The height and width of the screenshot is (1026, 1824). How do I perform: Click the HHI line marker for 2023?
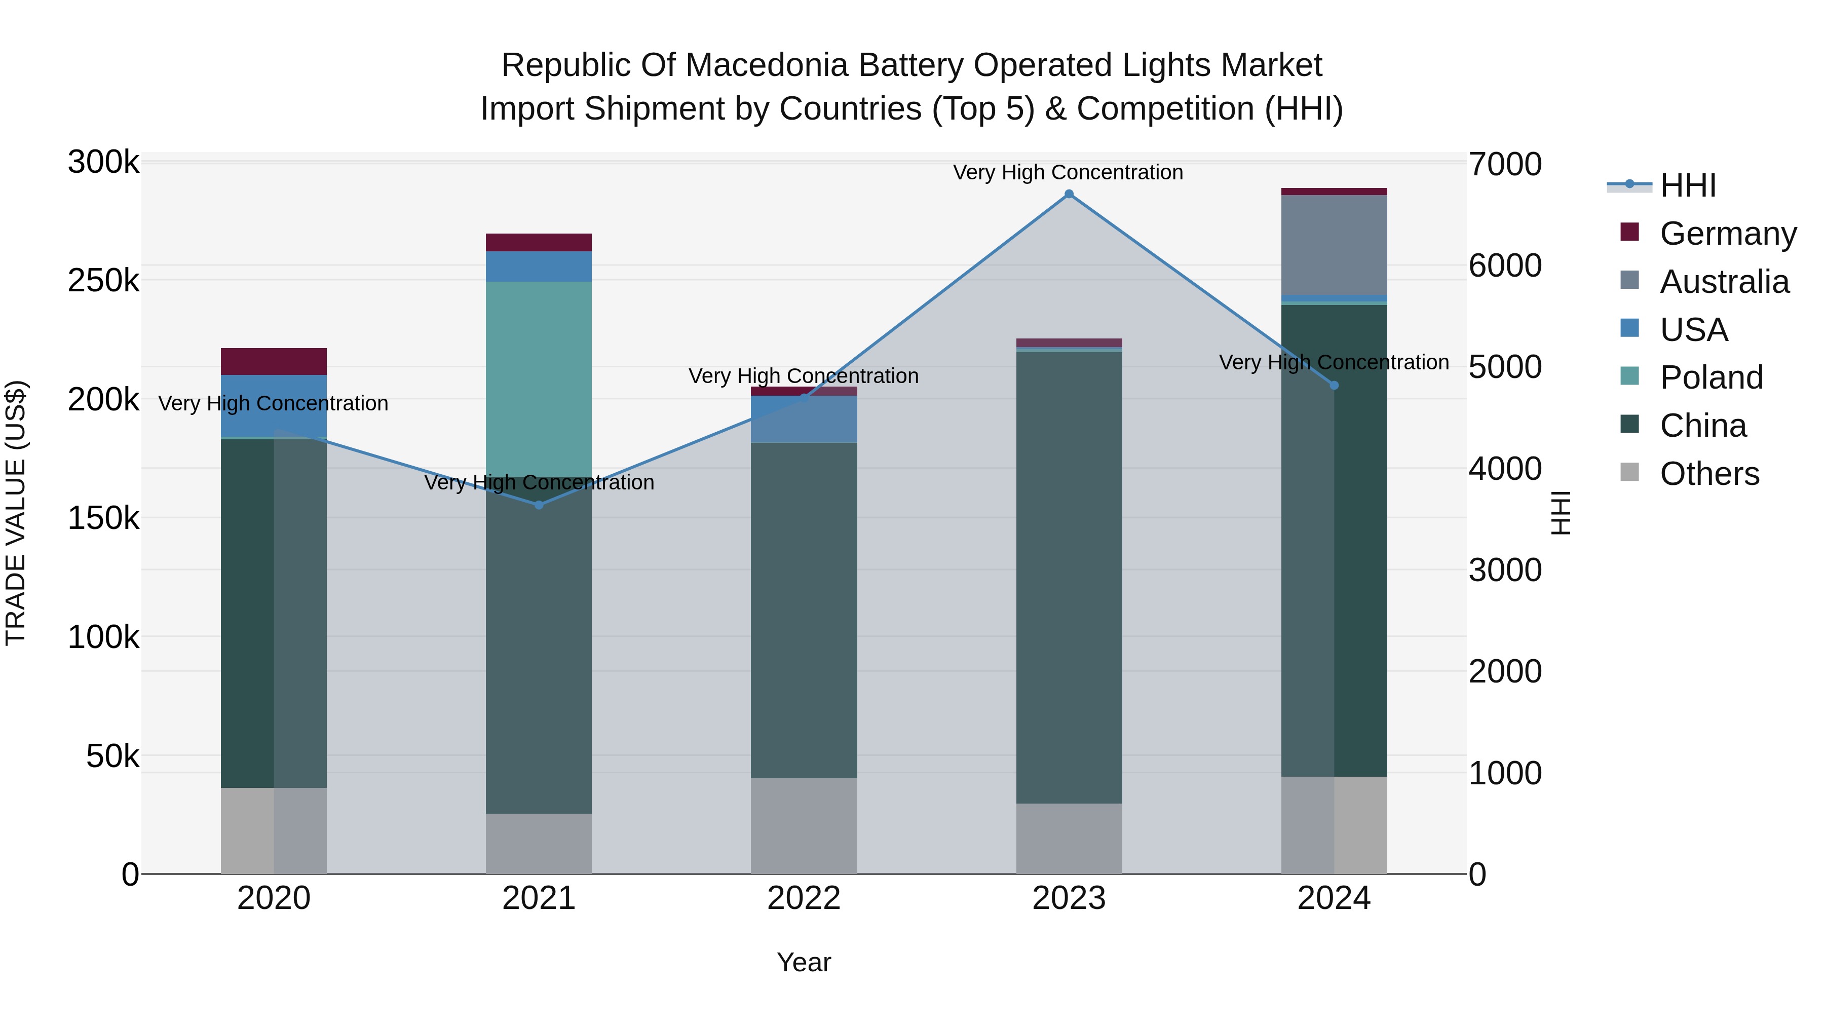(x=1069, y=194)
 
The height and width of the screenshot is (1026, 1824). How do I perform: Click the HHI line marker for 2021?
(x=539, y=505)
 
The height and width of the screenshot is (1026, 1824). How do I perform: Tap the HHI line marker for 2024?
(x=1334, y=385)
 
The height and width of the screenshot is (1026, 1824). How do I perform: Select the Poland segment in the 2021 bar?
(x=539, y=379)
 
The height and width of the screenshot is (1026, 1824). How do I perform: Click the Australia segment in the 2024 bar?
(x=1334, y=244)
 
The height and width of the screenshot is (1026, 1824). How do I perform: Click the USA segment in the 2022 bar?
(x=804, y=419)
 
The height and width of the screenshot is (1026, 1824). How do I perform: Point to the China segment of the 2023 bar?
(x=1069, y=577)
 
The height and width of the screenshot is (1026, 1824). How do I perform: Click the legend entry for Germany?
(x=1728, y=234)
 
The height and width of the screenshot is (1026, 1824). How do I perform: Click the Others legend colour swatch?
(x=1629, y=472)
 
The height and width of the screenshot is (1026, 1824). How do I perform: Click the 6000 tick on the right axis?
(x=1505, y=265)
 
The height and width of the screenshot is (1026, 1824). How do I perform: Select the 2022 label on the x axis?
(x=804, y=898)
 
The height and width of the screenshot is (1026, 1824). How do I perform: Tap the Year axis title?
(x=804, y=962)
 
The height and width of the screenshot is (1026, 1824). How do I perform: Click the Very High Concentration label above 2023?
(x=1068, y=172)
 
